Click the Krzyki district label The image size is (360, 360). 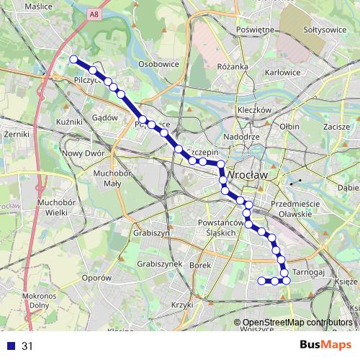[184, 305]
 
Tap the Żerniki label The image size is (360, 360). [15, 134]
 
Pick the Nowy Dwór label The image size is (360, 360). [83, 153]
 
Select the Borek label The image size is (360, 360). [199, 265]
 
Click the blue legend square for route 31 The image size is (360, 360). [9, 346]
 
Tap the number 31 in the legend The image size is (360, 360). [27, 346]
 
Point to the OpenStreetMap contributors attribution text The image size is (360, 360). [297, 322]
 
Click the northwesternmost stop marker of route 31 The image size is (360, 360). [73, 59]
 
